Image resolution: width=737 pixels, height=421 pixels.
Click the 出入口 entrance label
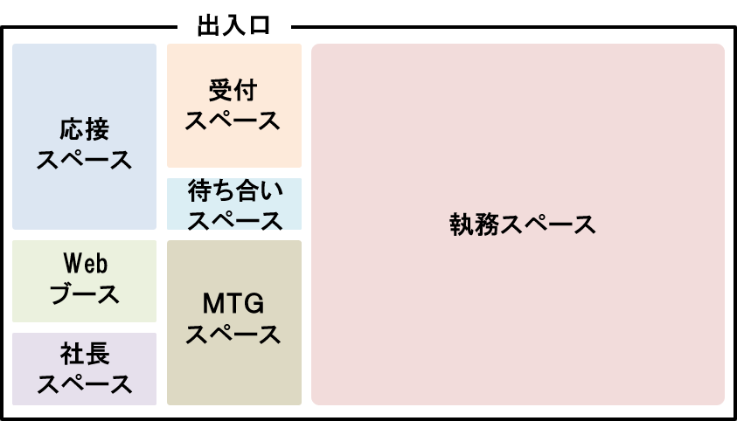233,26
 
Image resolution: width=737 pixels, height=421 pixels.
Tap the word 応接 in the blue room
85,129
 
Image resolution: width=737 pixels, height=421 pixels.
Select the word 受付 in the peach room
233,91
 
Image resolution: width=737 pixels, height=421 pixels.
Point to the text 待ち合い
235,190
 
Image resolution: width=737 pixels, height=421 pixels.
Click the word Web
86,263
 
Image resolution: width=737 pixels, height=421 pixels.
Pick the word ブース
85,294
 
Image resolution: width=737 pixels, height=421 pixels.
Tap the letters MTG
233,303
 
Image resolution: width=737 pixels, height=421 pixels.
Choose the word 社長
85,354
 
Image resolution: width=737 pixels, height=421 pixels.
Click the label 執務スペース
523,224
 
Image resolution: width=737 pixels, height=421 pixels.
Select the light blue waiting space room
234,204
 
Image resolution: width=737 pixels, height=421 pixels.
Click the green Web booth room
84,281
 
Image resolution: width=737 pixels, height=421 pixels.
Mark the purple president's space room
84,369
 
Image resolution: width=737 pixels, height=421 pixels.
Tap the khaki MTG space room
234,322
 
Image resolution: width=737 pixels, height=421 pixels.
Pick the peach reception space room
234,106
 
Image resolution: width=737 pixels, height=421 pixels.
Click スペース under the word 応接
84,160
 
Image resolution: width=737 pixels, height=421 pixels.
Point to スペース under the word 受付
233,121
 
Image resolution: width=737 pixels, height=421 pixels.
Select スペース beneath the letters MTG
233,335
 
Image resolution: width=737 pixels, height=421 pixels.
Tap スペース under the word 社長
85,384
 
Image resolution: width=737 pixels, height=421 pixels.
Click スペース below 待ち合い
235,221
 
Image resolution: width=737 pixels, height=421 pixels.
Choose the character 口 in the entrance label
260,26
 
